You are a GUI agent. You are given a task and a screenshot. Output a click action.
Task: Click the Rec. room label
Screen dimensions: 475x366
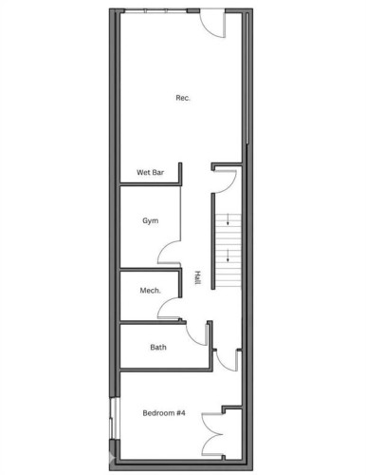point(182,98)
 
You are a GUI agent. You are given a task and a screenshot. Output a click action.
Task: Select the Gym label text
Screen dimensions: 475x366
point(150,220)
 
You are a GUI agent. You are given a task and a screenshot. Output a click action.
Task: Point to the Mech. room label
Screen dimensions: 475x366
point(150,291)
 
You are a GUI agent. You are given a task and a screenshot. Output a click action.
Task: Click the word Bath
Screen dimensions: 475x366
point(159,347)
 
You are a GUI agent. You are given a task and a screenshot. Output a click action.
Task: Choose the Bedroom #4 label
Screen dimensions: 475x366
point(164,413)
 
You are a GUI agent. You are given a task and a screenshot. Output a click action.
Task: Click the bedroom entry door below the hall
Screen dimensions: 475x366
point(226,359)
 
